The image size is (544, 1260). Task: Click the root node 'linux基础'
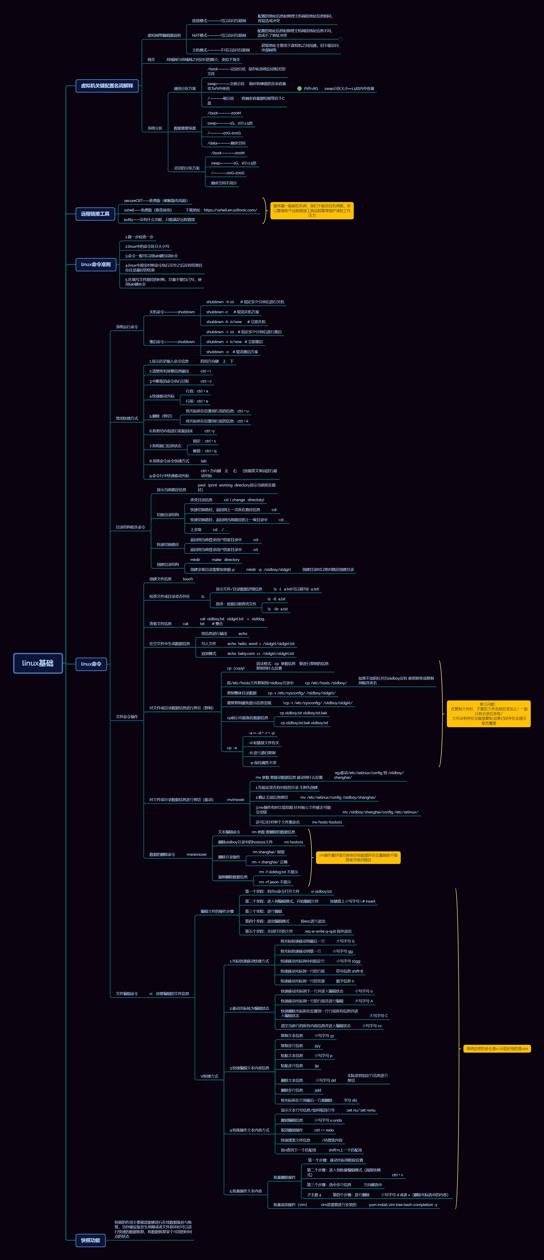click(x=38, y=663)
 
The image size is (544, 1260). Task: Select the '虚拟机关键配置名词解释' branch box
click(x=107, y=86)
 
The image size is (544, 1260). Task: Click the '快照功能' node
click(x=90, y=1240)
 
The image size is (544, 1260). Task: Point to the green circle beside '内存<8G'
click(x=299, y=89)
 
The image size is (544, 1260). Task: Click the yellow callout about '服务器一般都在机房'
click(x=312, y=210)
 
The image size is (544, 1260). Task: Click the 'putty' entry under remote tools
click(x=159, y=220)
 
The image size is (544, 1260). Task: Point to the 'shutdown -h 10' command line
click(x=220, y=302)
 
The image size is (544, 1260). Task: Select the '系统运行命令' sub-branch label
click(x=127, y=327)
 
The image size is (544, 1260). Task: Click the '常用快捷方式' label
click(x=127, y=418)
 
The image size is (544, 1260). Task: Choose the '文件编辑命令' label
click(x=127, y=993)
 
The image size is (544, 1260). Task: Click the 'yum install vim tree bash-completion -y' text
click(x=403, y=1205)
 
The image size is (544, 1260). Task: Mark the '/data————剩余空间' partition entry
click(x=226, y=143)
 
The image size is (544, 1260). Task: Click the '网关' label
click(x=151, y=60)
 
